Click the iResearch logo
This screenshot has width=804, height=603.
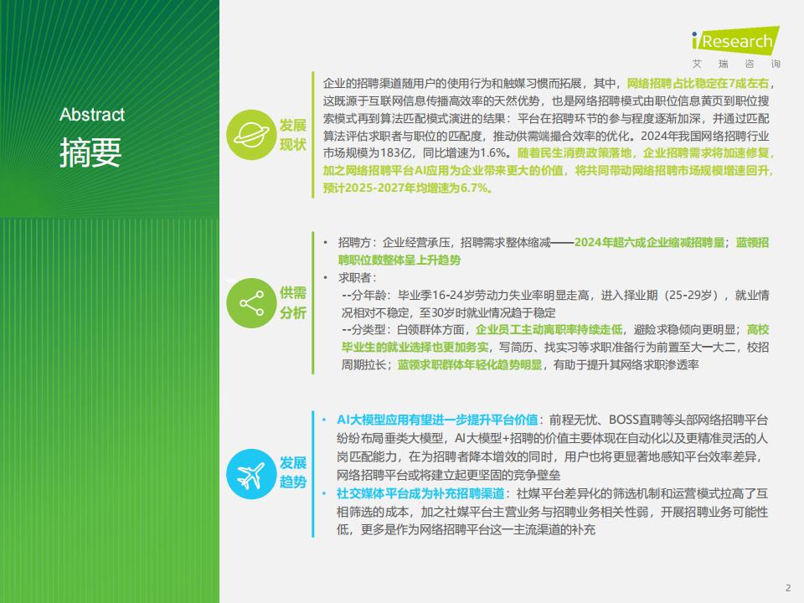(x=735, y=40)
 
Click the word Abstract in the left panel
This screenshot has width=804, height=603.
(x=92, y=115)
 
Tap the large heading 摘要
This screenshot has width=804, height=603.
(x=90, y=152)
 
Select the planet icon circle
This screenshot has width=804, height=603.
(x=251, y=135)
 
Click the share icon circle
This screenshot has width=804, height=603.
(x=251, y=303)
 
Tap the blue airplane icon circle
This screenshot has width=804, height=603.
(x=251, y=474)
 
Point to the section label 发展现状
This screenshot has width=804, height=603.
(x=293, y=135)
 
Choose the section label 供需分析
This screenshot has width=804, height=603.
(x=293, y=303)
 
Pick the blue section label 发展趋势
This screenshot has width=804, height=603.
(x=293, y=472)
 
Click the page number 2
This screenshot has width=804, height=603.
(x=788, y=588)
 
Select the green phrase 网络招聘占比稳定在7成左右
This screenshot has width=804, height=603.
(x=698, y=84)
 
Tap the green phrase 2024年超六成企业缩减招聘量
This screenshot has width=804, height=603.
(x=650, y=243)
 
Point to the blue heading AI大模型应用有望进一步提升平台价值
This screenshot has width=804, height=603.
(x=437, y=420)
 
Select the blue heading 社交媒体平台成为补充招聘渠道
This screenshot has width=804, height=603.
(x=420, y=493)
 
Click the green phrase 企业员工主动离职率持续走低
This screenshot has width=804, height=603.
(x=549, y=330)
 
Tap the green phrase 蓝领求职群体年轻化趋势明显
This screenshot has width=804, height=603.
(x=470, y=364)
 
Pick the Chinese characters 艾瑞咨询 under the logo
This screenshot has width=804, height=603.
(x=736, y=64)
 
